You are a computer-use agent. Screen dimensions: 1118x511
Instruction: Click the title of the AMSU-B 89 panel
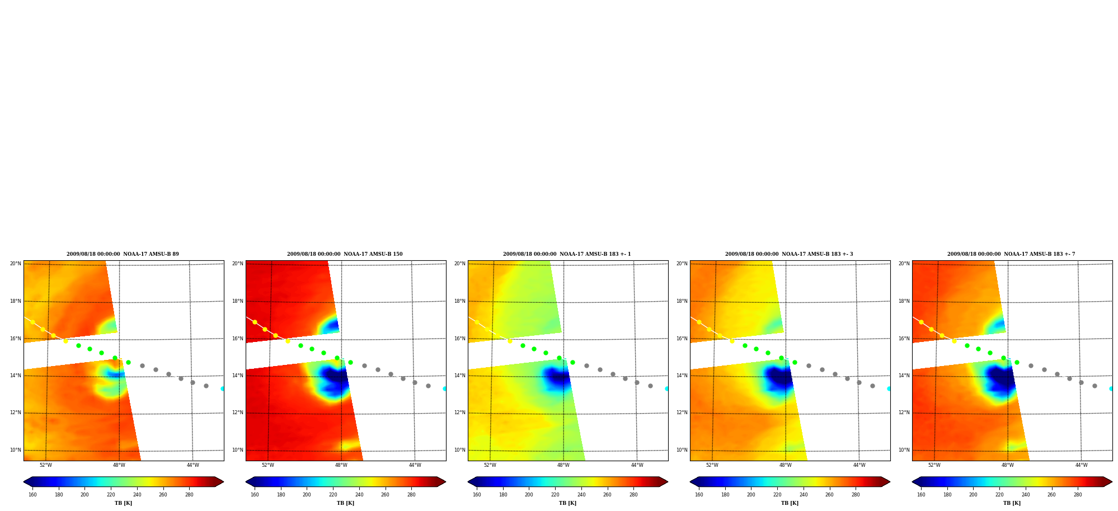click(123, 254)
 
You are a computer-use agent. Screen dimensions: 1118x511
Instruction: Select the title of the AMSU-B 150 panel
click(345, 254)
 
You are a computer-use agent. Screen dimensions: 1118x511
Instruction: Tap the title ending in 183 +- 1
click(567, 254)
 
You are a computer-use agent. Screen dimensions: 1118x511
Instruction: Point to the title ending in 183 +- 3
click(789, 254)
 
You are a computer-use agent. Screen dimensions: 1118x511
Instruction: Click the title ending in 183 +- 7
click(1011, 254)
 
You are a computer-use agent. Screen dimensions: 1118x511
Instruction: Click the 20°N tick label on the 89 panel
click(16, 264)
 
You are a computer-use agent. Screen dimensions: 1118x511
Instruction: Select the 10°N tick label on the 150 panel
click(238, 450)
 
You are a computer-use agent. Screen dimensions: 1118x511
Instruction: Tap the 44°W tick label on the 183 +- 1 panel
click(637, 465)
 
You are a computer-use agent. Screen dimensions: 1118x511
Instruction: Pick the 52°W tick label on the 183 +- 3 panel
click(712, 465)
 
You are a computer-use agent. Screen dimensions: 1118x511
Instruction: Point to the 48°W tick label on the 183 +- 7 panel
click(1008, 465)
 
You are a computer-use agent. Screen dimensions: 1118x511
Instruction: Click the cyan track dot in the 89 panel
click(222, 388)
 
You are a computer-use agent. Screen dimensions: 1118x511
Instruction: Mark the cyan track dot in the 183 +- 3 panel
click(889, 388)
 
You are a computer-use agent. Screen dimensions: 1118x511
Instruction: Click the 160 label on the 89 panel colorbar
click(32, 495)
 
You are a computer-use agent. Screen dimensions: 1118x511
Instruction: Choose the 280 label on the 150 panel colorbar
click(411, 495)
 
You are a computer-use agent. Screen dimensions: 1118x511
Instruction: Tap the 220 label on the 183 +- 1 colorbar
click(555, 495)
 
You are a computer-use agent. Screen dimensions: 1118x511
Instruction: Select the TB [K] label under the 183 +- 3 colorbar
click(790, 503)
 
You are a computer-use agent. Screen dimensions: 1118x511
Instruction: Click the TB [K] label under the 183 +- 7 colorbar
click(1012, 503)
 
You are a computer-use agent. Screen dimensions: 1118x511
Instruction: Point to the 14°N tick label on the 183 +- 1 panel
click(460, 376)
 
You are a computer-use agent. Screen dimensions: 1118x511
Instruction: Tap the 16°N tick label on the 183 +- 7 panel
click(904, 339)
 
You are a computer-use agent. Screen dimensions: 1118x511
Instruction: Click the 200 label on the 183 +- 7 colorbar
click(973, 495)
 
